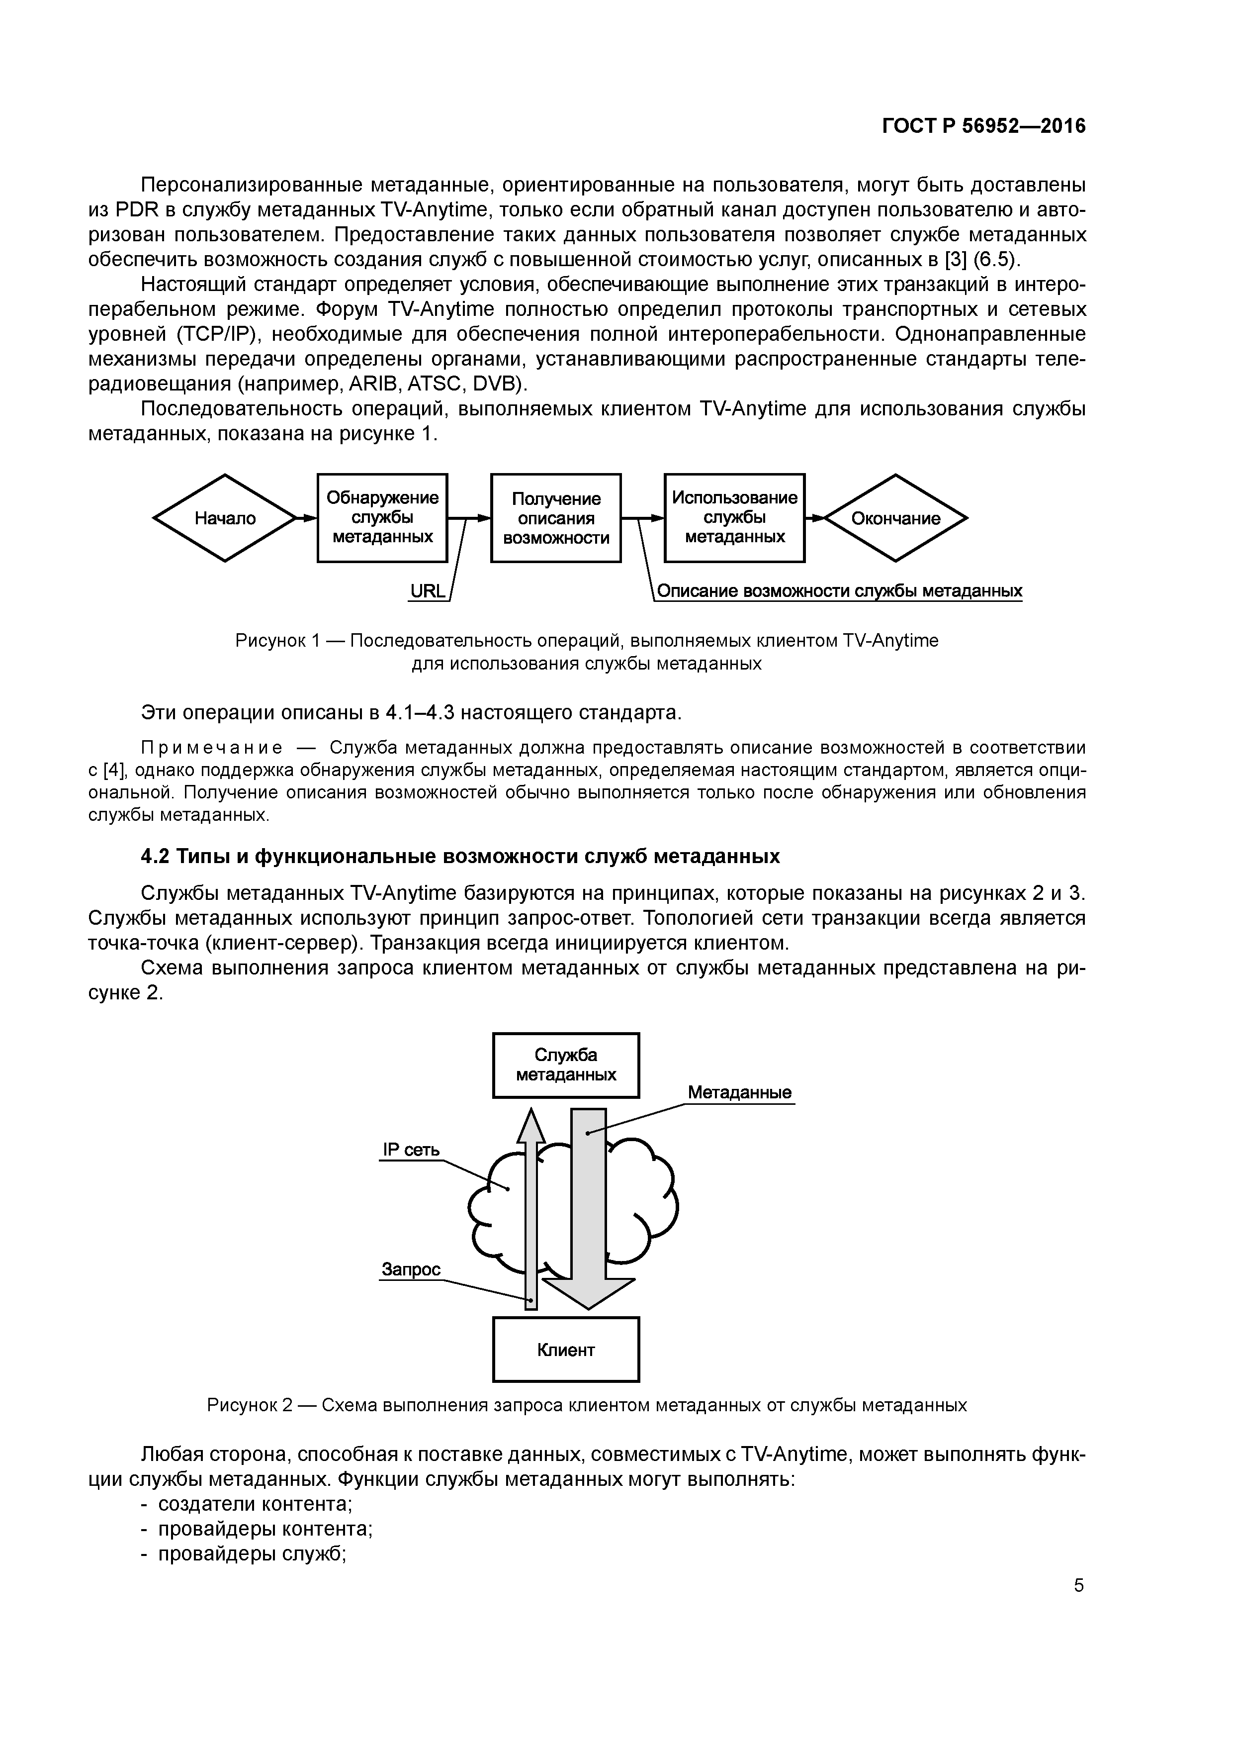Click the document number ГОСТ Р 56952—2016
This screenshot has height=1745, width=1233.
pyautogui.click(x=984, y=126)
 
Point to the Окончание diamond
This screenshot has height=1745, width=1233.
pyautogui.click(x=896, y=518)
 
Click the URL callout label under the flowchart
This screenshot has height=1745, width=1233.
pyautogui.click(x=427, y=591)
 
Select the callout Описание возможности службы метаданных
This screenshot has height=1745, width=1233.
pyautogui.click(x=839, y=591)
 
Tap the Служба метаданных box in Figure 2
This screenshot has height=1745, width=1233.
pyautogui.click(x=566, y=1065)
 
